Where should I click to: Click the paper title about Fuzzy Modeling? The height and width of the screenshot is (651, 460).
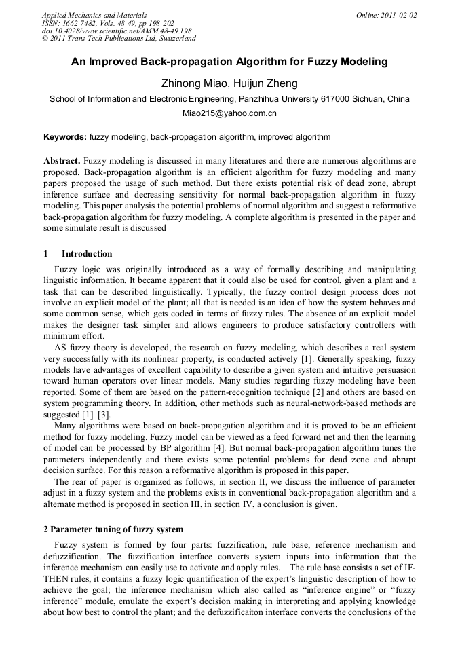pos(229,62)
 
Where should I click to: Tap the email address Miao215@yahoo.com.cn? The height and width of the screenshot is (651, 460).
pos(229,114)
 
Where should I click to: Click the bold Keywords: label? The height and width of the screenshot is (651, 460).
pos(65,137)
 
